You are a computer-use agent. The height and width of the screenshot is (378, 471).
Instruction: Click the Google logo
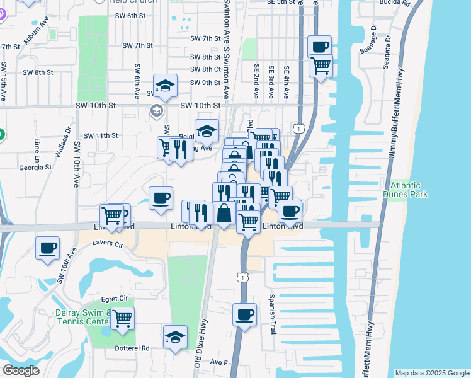pos(21,370)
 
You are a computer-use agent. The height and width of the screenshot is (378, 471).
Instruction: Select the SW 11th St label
pos(101,135)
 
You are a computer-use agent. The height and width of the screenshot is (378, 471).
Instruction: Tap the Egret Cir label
pos(115,298)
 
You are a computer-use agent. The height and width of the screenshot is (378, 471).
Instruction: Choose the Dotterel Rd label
pos(132,348)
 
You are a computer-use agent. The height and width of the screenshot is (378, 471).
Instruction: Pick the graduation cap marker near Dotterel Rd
pos(175,336)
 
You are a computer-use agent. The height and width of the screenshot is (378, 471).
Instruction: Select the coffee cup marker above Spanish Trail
pos(244,314)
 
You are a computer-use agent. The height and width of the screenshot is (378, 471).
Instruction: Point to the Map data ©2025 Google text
pos(431,373)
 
